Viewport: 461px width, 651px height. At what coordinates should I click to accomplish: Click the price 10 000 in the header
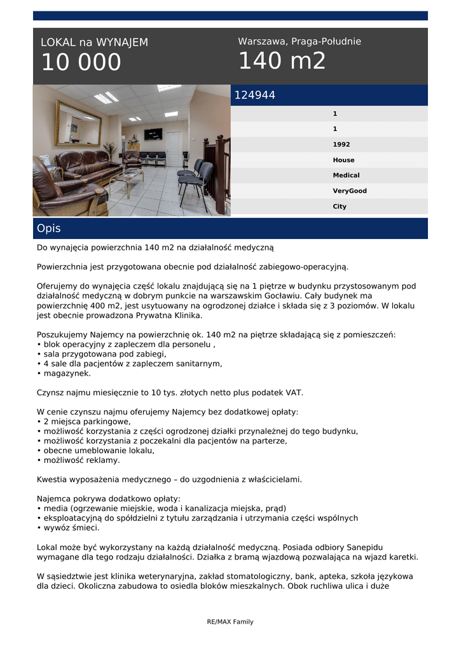click(x=81, y=62)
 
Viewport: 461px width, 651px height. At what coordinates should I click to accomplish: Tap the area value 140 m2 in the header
click(x=282, y=61)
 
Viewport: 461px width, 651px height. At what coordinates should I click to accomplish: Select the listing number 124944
click(x=255, y=95)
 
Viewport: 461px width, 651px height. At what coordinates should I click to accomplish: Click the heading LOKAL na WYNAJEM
click(x=94, y=43)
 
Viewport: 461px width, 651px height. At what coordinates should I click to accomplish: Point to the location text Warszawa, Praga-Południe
click(x=299, y=41)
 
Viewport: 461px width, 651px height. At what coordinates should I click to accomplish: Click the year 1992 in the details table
click(x=341, y=144)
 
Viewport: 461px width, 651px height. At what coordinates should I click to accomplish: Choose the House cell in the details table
click(x=343, y=160)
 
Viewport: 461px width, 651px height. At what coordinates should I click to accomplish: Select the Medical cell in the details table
click(x=346, y=175)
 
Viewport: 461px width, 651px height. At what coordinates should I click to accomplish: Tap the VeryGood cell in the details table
click(x=350, y=191)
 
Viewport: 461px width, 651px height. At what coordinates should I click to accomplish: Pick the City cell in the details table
click(x=340, y=207)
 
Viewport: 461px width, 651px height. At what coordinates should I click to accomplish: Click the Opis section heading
click(x=49, y=228)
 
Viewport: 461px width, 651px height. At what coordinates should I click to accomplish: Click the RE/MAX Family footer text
click(x=230, y=622)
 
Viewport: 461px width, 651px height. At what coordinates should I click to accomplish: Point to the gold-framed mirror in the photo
click(x=78, y=123)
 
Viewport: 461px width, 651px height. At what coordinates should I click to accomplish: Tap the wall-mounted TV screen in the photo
click(x=153, y=134)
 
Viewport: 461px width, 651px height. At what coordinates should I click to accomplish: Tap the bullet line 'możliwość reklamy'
click(x=78, y=460)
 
